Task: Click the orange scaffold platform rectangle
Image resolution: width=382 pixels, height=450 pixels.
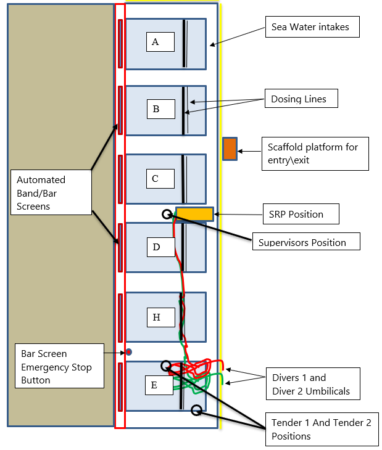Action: click(230, 149)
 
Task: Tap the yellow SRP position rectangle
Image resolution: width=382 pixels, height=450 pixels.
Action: click(194, 214)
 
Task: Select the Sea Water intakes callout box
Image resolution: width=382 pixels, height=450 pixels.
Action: click(310, 27)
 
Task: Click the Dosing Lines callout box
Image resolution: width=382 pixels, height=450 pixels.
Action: click(299, 99)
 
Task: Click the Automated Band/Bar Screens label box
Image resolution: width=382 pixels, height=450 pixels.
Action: click(51, 193)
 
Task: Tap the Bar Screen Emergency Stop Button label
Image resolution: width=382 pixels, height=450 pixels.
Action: click(59, 367)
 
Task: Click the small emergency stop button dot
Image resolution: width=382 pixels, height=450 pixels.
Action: click(129, 352)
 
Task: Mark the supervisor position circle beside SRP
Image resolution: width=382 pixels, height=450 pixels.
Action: click(167, 214)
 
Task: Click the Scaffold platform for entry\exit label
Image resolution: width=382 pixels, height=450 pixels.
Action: click(315, 153)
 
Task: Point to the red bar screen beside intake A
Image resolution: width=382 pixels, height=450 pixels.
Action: click(120, 43)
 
